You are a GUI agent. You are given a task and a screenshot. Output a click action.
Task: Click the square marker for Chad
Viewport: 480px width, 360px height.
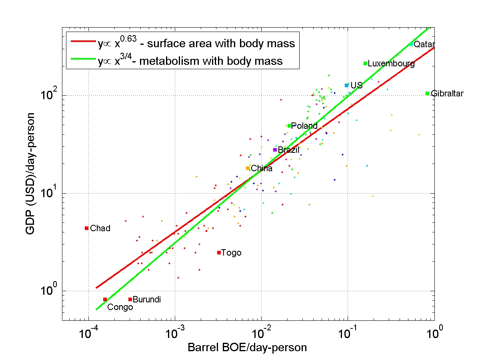point(86,228)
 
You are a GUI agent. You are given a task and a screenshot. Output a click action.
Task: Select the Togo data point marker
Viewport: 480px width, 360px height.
point(219,252)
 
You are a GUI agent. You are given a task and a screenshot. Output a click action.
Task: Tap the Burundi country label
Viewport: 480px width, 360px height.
point(146,299)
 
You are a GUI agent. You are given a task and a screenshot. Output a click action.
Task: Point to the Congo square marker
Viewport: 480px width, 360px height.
point(105,299)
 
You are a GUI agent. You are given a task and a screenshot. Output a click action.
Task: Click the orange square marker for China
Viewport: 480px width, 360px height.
point(248,168)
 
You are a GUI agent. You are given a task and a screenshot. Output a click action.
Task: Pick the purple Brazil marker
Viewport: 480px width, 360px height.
point(275,150)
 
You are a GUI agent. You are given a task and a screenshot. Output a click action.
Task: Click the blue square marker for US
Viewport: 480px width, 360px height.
point(346,85)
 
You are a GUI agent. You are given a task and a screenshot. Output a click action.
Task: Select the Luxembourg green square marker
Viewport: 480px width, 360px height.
point(365,63)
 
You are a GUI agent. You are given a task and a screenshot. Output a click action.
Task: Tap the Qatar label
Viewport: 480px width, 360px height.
point(424,44)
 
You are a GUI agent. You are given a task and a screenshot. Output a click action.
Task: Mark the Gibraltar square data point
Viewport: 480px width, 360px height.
point(427,93)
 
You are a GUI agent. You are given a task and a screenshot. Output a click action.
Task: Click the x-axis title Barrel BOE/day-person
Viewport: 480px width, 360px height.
point(247,348)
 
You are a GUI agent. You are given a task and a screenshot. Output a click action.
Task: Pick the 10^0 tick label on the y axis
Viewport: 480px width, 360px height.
point(49,291)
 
